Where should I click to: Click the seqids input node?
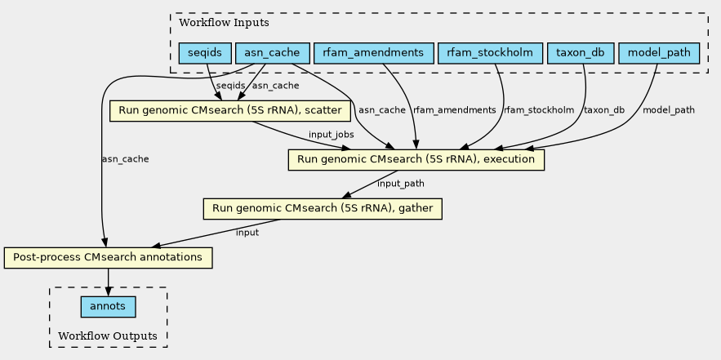click(x=203, y=54)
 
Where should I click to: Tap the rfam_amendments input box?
click(x=373, y=54)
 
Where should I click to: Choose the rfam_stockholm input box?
click(x=490, y=54)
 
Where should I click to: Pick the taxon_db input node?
click(x=581, y=54)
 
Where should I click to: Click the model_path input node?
click(x=660, y=54)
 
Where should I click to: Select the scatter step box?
click(x=230, y=109)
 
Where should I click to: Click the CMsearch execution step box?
click(x=416, y=159)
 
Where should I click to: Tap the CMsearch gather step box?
click(x=323, y=209)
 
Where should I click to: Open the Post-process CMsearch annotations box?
click(x=109, y=258)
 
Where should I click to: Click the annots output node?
click(x=108, y=307)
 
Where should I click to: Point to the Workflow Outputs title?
click(x=108, y=336)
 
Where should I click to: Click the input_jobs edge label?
click(x=331, y=134)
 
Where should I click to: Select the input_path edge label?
click(x=400, y=184)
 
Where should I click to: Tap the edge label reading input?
click(x=247, y=233)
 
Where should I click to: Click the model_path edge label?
click(x=669, y=109)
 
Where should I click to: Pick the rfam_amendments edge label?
click(x=455, y=109)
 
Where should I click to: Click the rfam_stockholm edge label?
click(x=538, y=109)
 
